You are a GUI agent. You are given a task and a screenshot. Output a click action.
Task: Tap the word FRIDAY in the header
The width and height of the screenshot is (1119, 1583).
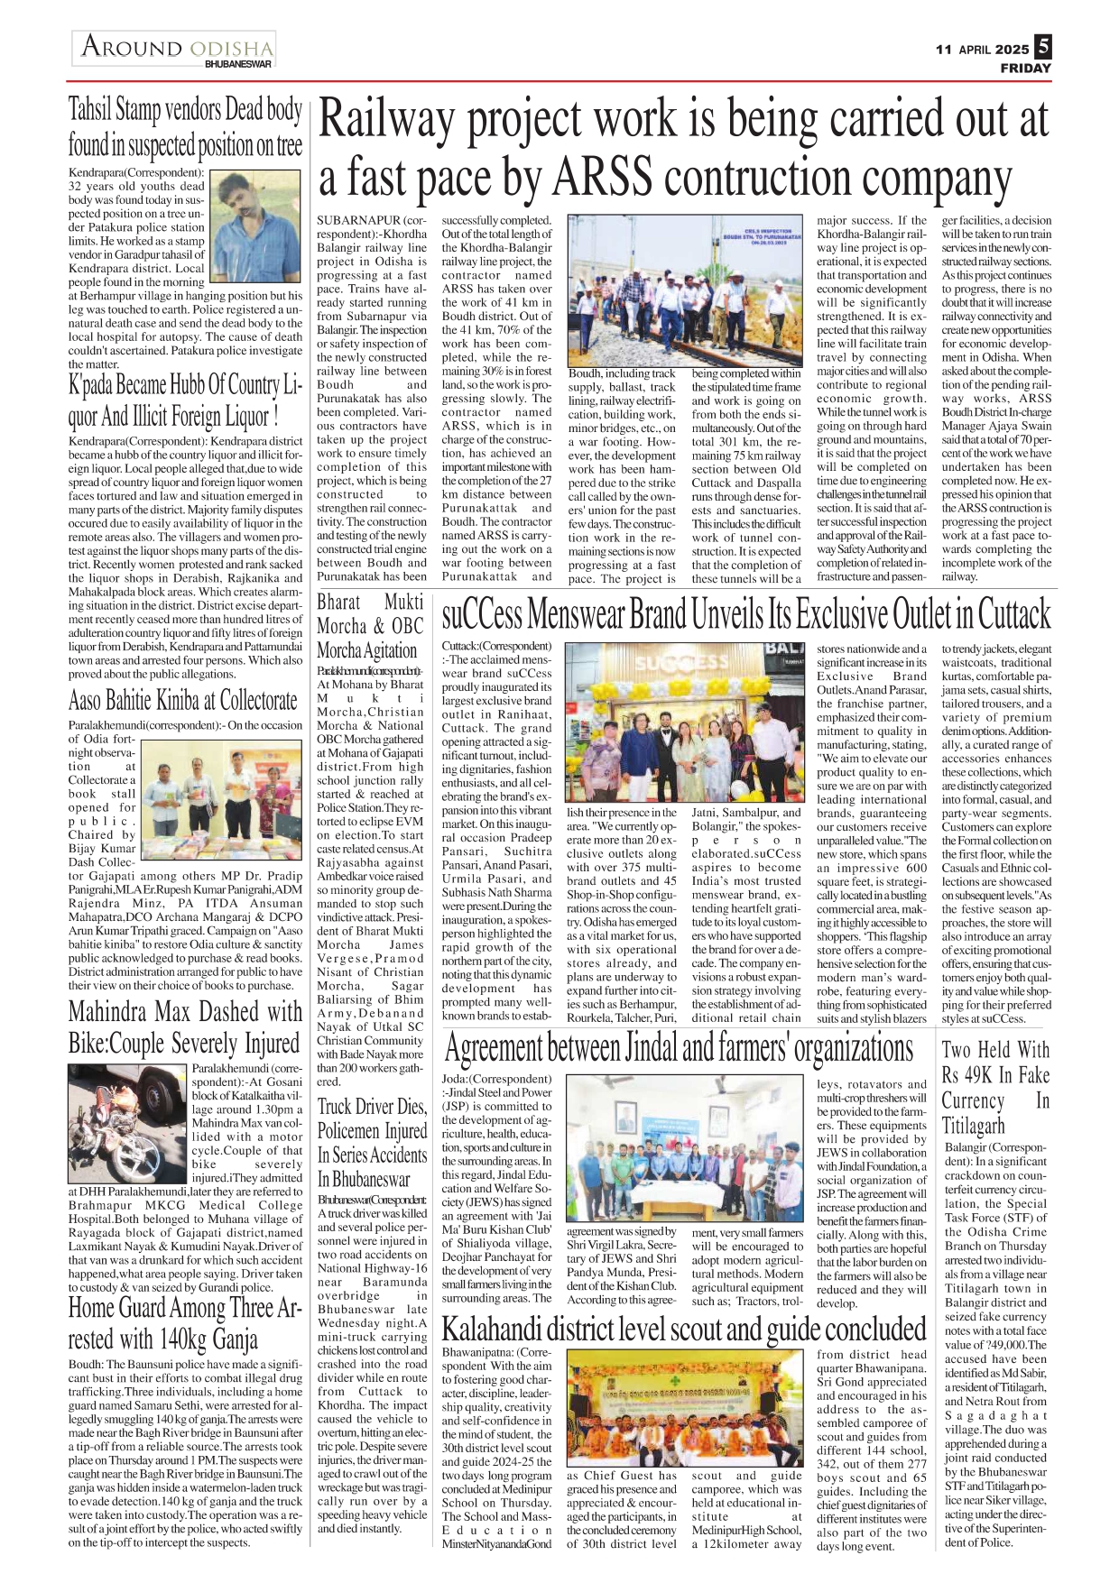pos(1026,69)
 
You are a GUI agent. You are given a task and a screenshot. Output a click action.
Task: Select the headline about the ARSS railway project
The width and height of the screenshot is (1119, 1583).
pos(683,148)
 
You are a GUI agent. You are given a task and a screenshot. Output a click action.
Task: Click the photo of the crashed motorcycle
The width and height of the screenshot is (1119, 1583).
pos(127,1123)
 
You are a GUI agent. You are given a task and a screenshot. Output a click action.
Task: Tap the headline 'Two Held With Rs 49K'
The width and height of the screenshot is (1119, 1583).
pos(996,1087)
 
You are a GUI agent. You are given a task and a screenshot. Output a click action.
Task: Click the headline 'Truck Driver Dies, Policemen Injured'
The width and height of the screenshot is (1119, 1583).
pos(372,1143)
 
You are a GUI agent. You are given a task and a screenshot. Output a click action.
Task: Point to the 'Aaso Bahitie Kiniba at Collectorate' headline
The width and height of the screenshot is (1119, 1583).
pos(182,700)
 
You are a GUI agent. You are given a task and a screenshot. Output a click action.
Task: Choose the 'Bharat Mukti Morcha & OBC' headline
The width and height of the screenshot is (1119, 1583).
pos(369,626)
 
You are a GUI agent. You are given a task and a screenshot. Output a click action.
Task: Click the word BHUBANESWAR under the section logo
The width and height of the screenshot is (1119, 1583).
pos(237,64)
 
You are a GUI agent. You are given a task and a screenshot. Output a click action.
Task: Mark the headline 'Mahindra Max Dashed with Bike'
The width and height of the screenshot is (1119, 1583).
pos(185,1027)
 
